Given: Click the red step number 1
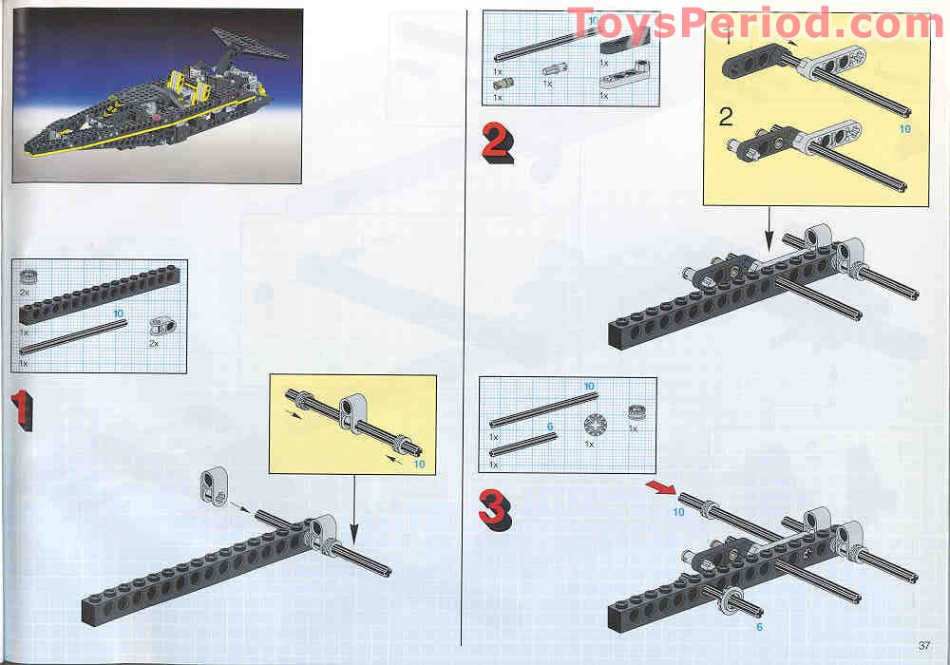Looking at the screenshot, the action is point(21,409).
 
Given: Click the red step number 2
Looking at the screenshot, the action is point(498,142).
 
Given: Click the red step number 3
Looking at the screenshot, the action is point(496,510).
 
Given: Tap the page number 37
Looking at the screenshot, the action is point(924,645).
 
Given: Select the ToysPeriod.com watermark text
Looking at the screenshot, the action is point(755,25).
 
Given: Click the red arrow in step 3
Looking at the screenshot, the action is point(661,487).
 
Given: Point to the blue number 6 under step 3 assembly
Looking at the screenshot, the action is point(759,627).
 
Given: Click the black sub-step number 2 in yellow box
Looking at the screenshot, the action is point(726,117).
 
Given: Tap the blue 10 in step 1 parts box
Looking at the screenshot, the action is point(118,313).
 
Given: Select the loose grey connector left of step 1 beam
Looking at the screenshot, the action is point(213,485).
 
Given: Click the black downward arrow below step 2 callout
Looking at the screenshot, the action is point(769,229).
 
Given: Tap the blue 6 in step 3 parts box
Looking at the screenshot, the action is point(550,427).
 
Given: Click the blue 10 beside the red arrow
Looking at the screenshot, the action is point(678,512).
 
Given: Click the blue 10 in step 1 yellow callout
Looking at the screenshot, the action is point(419,465).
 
